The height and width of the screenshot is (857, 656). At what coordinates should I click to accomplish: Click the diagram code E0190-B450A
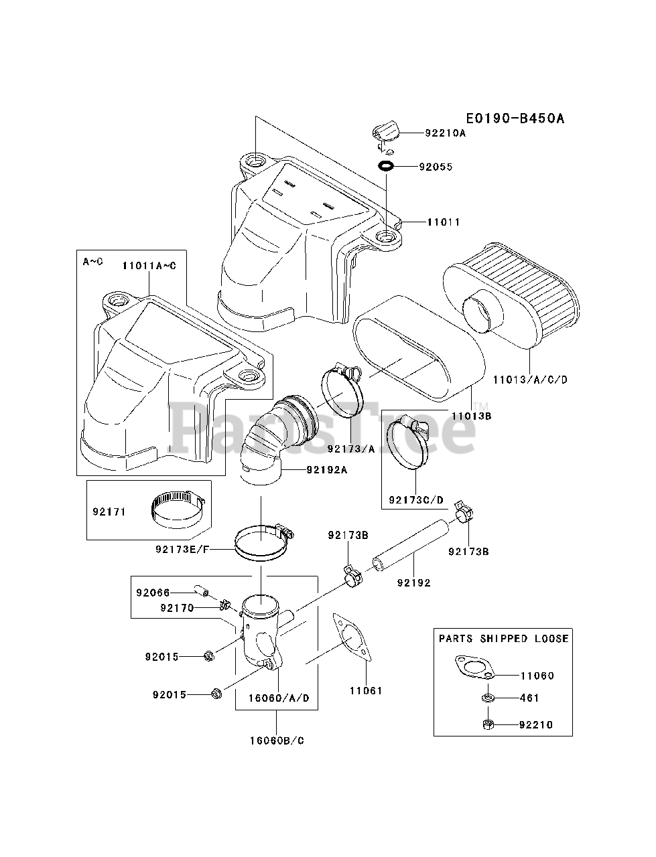[x=515, y=119]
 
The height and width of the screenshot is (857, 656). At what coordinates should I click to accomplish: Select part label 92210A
[x=445, y=133]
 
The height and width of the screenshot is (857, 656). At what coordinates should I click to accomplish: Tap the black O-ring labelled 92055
[x=386, y=166]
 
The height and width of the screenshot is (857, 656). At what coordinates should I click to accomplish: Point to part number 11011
[x=444, y=222]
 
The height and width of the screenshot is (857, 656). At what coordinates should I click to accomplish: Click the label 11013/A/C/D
[x=529, y=380]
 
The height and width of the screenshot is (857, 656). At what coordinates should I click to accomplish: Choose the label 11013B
[x=471, y=416]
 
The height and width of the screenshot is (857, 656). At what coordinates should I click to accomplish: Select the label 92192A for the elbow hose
[x=326, y=470]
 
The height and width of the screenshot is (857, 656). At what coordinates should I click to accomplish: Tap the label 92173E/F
[x=182, y=550]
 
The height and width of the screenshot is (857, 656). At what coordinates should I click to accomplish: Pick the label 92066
[x=153, y=593]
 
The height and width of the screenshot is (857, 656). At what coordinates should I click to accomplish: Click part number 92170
[x=177, y=608]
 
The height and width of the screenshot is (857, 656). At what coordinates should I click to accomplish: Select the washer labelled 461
[x=487, y=698]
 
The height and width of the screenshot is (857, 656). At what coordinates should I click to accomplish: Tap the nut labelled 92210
[x=488, y=724]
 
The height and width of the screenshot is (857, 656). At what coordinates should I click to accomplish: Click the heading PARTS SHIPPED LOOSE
[x=504, y=639]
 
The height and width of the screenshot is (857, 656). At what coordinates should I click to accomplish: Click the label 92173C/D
[x=416, y=499]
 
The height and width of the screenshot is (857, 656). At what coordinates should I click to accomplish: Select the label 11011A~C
[x=149, y=266]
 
